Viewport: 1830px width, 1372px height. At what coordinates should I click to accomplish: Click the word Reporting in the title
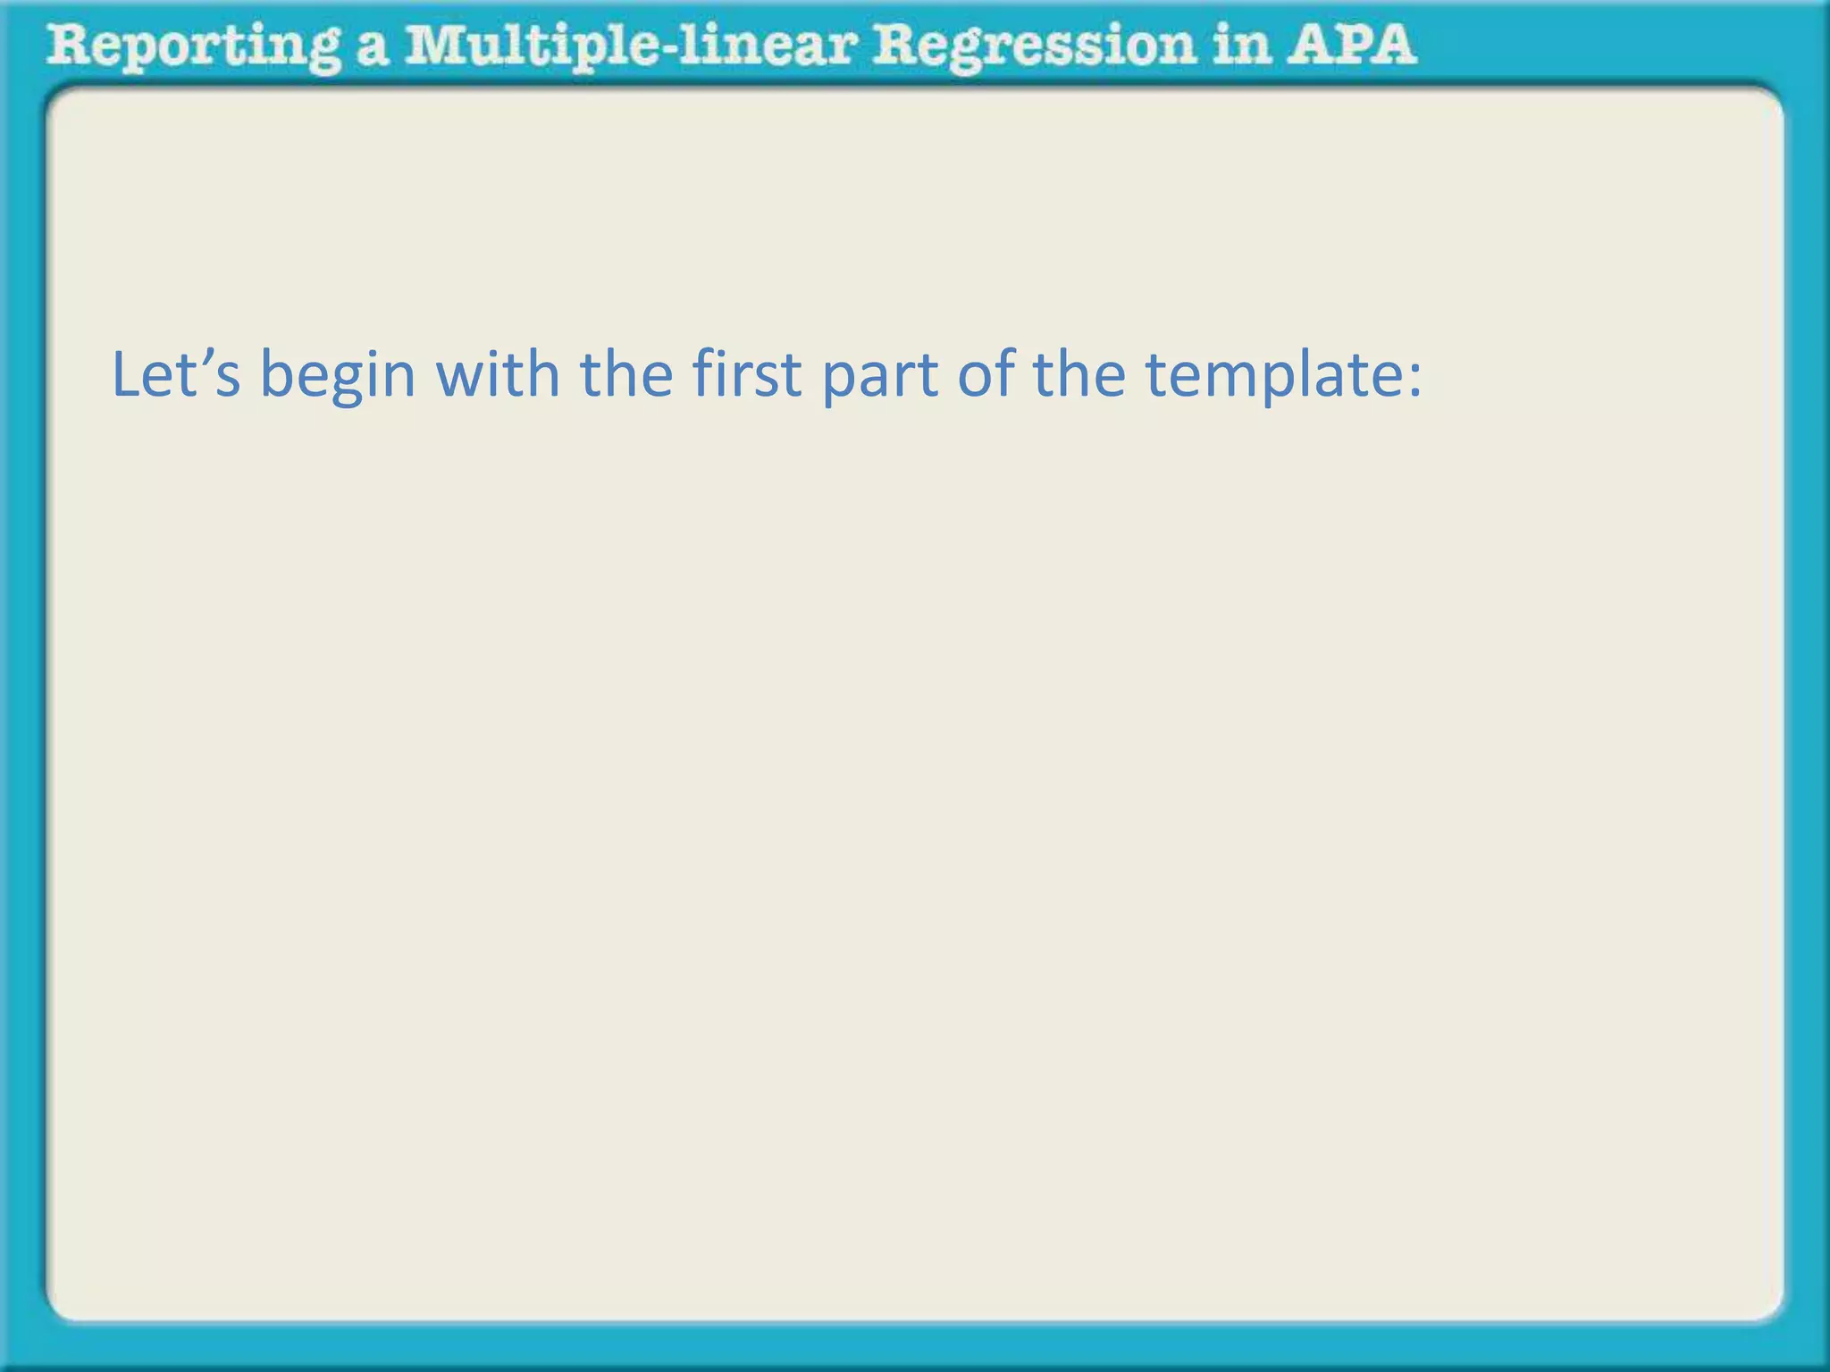click(x=192, y=46)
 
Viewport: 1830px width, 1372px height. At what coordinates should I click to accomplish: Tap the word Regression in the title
click(x=1033, y=46)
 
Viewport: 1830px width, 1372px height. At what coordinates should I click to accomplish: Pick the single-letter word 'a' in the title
click(x=372, y=48)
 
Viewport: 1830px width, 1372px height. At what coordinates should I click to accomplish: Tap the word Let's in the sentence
click(x=175, y=374)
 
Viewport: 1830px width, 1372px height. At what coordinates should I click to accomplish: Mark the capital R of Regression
click(x=897, y=45)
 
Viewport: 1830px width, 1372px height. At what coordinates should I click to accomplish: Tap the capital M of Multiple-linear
click(x=432, y=45)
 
